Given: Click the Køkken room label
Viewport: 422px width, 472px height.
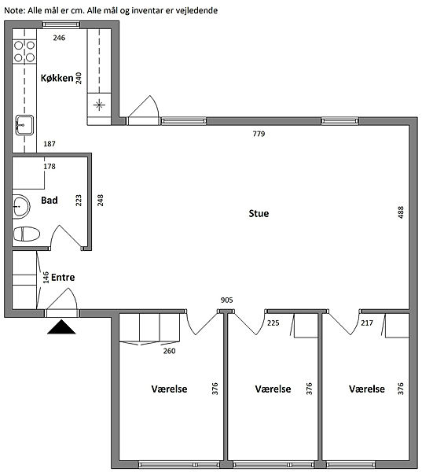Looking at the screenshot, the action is [57, 78].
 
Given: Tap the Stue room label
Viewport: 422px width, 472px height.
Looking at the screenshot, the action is [259, 213].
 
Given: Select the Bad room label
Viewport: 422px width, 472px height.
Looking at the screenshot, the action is [50, 200].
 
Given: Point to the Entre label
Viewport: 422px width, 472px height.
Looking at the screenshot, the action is [63, 277].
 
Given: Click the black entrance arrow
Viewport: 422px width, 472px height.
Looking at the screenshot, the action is [61, 327].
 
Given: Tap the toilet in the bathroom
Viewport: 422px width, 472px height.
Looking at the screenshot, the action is [27, 234].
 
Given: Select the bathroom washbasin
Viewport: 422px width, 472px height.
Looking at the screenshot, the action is [21, 206].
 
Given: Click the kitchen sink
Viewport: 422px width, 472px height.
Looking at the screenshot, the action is [24, 124].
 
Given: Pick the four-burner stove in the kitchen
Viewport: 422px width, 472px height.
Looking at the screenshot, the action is [24, 51].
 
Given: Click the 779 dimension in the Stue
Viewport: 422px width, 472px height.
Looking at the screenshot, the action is [259, 134].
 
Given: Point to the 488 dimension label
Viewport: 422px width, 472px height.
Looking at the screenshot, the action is [400, 212].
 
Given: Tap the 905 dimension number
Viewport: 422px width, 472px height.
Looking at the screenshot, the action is [227, 301].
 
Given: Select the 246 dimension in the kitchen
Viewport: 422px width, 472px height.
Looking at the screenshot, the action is [59, 38].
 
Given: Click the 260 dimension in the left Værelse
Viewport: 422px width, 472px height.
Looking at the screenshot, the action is [169, 351].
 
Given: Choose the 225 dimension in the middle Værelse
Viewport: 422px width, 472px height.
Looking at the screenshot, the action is [273, 323].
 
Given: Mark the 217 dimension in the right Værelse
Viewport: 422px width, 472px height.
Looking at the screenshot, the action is [367, 323].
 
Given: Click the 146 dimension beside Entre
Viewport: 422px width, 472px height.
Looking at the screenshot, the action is [46, 278].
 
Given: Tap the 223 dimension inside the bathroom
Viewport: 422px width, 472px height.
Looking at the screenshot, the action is [79, 201].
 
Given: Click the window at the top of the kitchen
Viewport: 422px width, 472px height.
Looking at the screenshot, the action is [61, 24].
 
